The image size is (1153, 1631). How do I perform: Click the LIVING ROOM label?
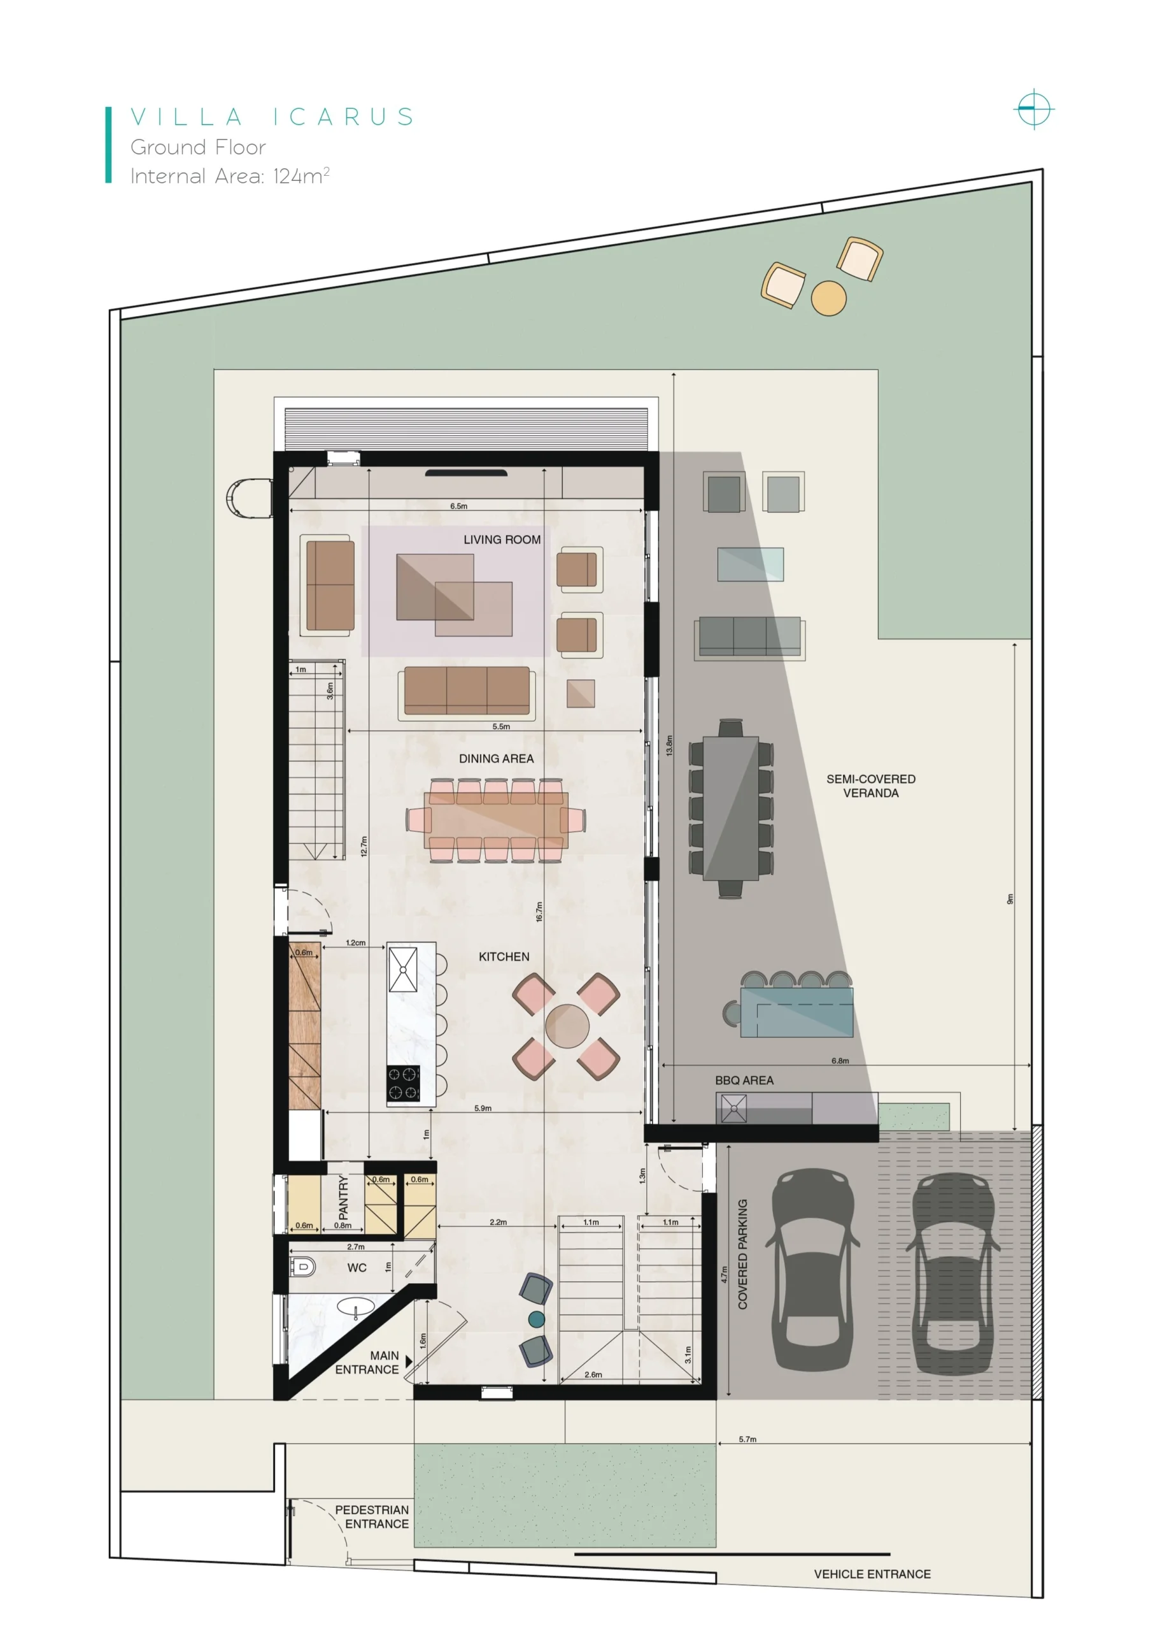point(502,540)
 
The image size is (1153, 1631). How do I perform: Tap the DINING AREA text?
point(496,759)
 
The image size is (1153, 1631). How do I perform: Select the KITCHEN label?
point(504,957)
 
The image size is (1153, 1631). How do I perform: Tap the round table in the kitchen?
point(567,1026)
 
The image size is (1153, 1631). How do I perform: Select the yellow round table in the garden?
point(828,298)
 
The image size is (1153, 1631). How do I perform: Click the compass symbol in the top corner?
point(1034,110)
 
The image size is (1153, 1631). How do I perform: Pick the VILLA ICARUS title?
point(272,117)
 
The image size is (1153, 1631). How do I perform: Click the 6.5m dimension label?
point(458,507)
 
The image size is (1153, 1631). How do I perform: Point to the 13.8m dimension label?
point(668,745)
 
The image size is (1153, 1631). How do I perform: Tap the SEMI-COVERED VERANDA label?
point(870,786)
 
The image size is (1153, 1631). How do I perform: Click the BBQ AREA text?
point(744,1081)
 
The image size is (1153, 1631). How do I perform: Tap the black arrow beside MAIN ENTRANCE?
point(408,1362)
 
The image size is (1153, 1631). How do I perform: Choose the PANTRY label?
point(344,1197)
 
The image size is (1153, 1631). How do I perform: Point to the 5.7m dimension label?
point(747,1439)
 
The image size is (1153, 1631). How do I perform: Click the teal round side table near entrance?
point(537,1319)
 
